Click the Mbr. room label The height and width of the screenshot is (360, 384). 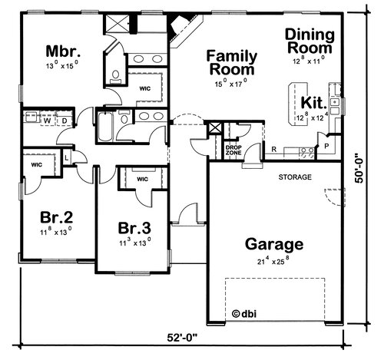coord(63,51)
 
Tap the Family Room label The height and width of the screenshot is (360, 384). coord(231,63)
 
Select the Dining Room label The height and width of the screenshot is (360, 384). coord(310,41)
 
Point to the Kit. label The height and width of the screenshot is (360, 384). coord(314,103)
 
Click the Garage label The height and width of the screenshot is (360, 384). coord(274,245)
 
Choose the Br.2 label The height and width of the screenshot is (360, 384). coord(56,217)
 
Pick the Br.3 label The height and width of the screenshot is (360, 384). coord(134,228)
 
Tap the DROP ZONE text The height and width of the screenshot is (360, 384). coord(233,150)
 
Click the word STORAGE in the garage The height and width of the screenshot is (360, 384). coord(295,177)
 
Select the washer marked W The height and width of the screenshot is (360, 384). coord(47,121)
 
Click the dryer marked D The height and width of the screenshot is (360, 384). coord(65,121)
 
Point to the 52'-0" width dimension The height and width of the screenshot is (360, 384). coord(183,338)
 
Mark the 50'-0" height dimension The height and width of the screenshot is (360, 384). coord(359,168)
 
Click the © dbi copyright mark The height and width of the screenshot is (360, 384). coord(244,314)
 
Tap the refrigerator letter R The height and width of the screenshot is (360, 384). coord(274,149)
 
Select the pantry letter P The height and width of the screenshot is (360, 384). coord(326,146)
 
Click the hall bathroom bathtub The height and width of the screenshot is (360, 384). coord(105,127)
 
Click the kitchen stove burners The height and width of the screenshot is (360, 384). coord(306,153)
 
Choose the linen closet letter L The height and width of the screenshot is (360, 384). coord(67,158)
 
